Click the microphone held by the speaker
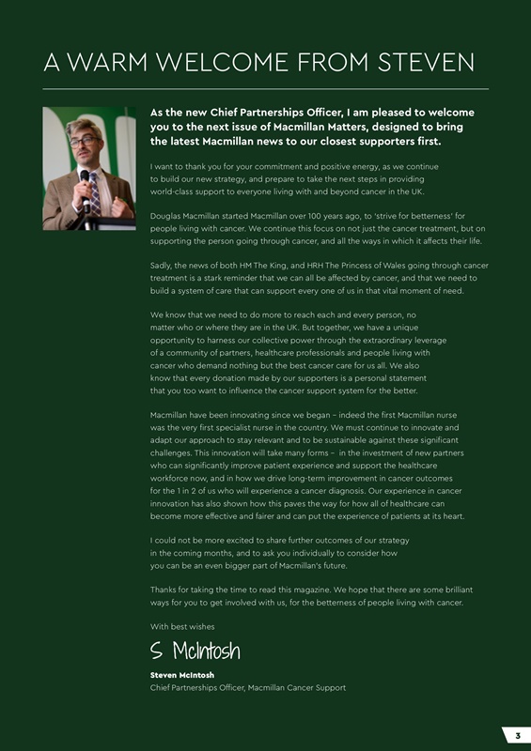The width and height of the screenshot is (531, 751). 85,176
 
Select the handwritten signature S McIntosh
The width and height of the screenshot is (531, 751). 195,651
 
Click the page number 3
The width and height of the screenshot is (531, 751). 517,734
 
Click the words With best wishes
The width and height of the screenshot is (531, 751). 182,626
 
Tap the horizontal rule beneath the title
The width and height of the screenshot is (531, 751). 266,88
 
